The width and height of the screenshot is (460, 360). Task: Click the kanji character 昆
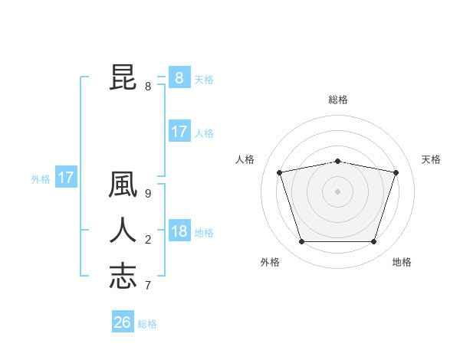(123, 78)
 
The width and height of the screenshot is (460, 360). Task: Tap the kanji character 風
(123, 186)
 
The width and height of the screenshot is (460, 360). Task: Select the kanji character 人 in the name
(123, 231)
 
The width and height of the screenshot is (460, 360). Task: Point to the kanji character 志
(123, 276)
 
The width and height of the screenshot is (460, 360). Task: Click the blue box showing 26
(123, 322)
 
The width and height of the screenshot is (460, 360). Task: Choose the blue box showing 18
(179, 231)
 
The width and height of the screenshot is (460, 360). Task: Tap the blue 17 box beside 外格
(66, 178)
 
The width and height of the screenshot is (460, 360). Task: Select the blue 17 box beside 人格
(179, 132)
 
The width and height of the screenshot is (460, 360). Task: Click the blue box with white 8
(179, 78)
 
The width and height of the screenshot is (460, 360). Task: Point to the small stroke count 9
(148, 195)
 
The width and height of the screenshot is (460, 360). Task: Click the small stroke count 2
(148, 240)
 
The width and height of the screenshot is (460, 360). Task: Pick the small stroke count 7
(148, 285)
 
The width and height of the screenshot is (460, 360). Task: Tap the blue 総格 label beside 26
(147, 324)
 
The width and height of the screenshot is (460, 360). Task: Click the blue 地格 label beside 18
(204, 233)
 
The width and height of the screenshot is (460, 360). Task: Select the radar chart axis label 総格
(337, 100)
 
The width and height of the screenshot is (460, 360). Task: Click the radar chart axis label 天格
(432, 159)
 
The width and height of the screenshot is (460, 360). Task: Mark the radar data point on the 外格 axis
(301, 242)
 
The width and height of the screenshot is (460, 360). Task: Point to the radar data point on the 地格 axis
(373, 242)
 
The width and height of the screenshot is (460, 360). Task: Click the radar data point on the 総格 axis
(337, 161)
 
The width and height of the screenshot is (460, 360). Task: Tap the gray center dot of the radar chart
(337, 191)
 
